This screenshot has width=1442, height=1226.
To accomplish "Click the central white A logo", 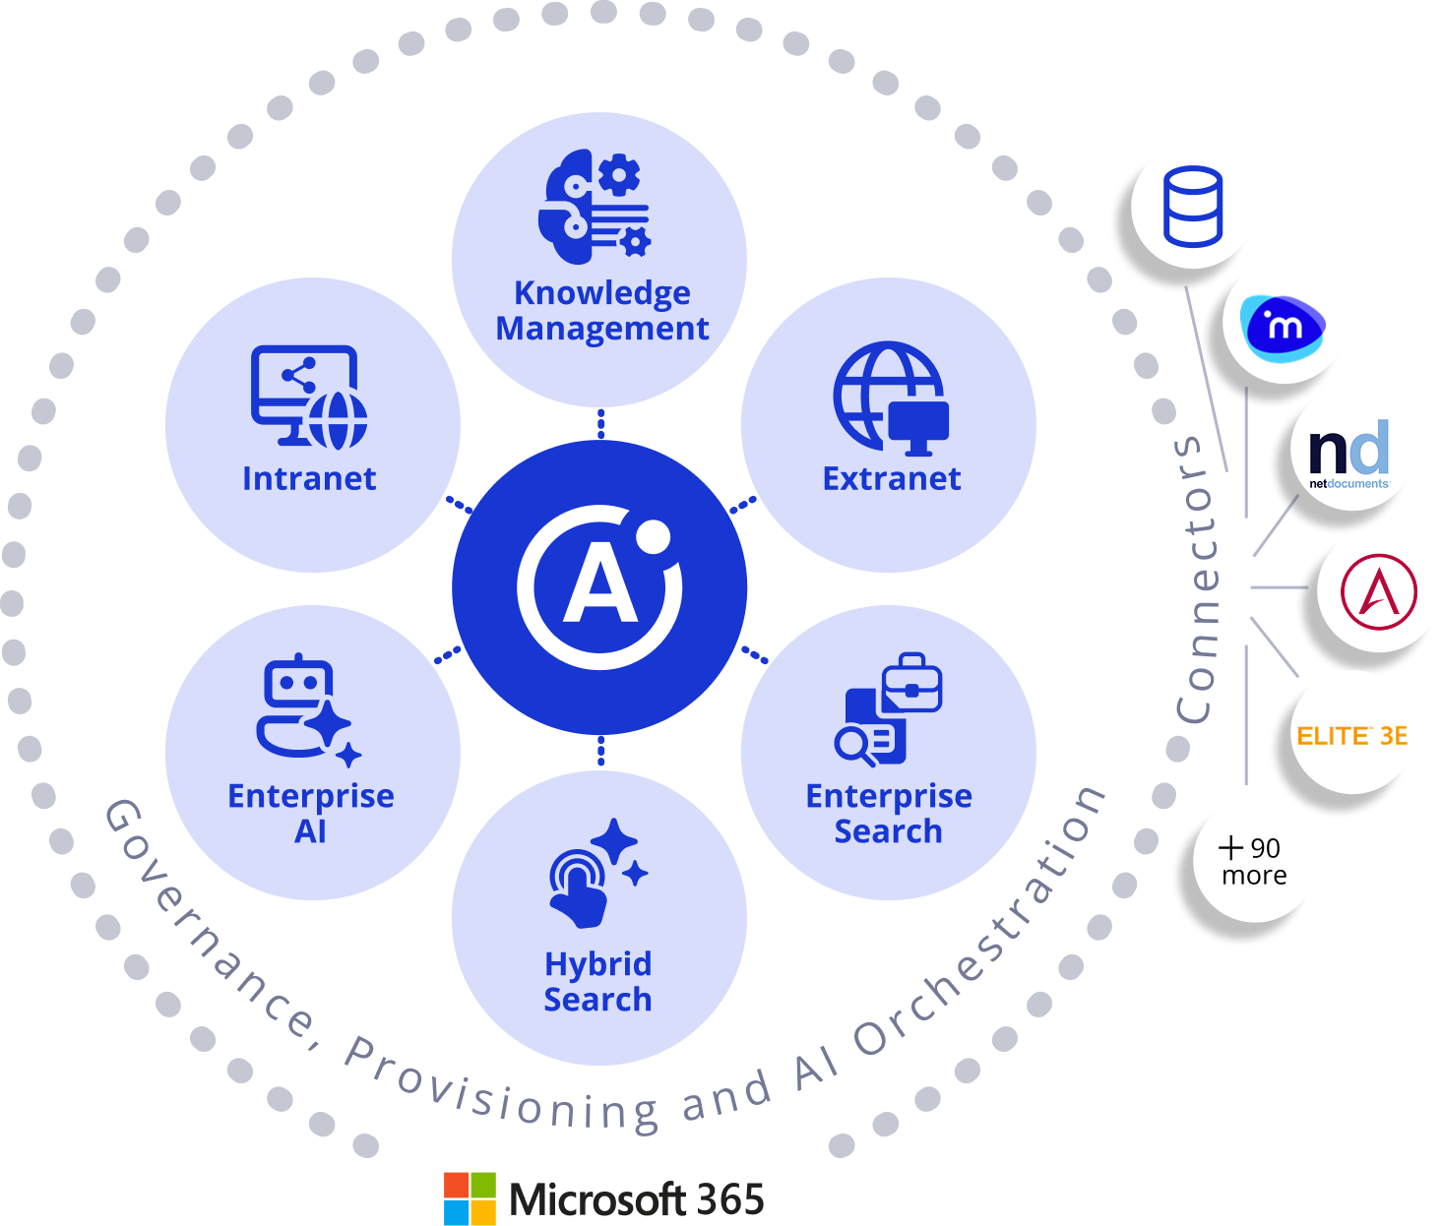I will pyautogui.click(x=599, y=587).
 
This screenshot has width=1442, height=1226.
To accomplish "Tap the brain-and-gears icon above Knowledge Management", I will pyautogui.click(x=594, y=207).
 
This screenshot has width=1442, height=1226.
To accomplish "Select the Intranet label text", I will pyautogui.click(x=309, y=478).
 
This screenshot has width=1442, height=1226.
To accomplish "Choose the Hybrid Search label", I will pyautogui.click(x=597, y=981).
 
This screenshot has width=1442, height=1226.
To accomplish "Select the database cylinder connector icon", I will pyautogui.click(x=1192, y=207).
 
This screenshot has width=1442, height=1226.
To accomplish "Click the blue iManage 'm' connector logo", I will pyautogui.click(x=1284, y=323).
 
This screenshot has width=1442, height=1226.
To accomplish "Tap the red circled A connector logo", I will pyautogui.click(x=1379, y=592).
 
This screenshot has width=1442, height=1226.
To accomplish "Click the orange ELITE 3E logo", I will pyautogui.click(x=1351, y=735).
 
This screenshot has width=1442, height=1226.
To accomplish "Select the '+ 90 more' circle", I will pyautogui.click(x=1253, y=861).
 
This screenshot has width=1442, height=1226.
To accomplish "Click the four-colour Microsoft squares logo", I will pyautogui.click(x=470, y=1197).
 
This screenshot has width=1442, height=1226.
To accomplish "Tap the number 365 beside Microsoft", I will pyautogui.click(x=729, y=1199).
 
